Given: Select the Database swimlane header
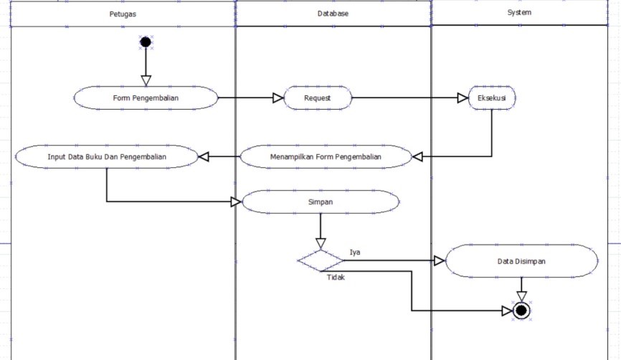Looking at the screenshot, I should click(x=333, y=14).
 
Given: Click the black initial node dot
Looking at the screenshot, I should click(x=146, y=42).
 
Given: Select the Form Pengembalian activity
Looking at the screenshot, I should click(x=146, y=98).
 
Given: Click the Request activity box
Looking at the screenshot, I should click(x=317, y=98).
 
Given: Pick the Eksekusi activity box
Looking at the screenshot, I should click(x=491, y=98).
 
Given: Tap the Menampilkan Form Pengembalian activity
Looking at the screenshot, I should click(x=326, y=156).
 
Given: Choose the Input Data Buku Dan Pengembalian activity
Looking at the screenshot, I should click(x=107, y=156).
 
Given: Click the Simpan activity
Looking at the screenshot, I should click(x=321, y=202).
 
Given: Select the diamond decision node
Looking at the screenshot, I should click(x=321, y=260).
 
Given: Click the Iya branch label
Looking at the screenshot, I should click(x=355, y=252).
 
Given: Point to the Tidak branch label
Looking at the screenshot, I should click(x=336, y=278).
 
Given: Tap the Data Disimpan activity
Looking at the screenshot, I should click(x=521, y=262).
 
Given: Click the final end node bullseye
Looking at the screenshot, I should click(x=522, y=311).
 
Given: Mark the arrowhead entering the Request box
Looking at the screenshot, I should click(x=278, y=98).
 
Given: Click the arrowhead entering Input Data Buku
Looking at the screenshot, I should click(x=204, y=156).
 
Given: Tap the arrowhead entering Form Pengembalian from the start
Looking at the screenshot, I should click(x=146, y=80).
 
